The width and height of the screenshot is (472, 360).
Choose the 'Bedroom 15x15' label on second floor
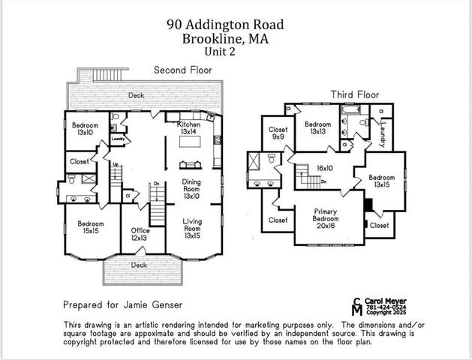point(90,227)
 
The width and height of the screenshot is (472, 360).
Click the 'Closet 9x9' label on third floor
point(277,133)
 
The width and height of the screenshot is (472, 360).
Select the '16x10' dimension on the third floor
point(325,169)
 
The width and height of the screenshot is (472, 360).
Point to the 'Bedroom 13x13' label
point(317,127)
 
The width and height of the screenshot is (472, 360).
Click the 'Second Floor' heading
point(182,70)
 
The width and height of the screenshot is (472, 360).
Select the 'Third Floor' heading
point(355,94)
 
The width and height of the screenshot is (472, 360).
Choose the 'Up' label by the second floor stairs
point(116,163)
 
